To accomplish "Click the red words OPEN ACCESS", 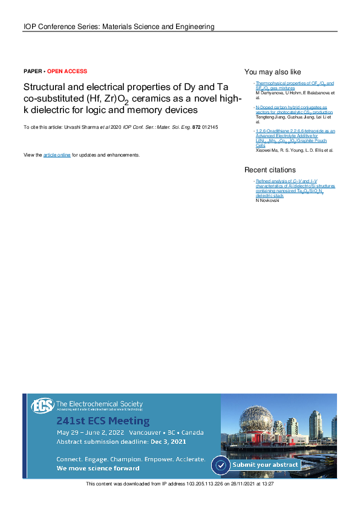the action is pos(67,71).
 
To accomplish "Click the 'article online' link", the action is pos(57,155).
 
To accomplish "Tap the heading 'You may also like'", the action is pos(272,71).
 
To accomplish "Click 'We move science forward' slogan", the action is pos(98,468).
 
